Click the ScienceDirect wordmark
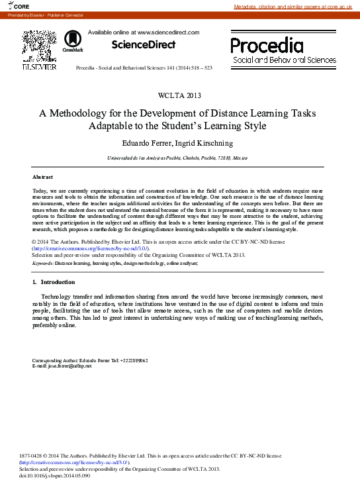pos(144,45)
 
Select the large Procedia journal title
pos(267,45)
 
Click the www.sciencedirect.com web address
pos(166,32)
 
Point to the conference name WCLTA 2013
pos(180,96)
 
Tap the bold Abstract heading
pos(42,177)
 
